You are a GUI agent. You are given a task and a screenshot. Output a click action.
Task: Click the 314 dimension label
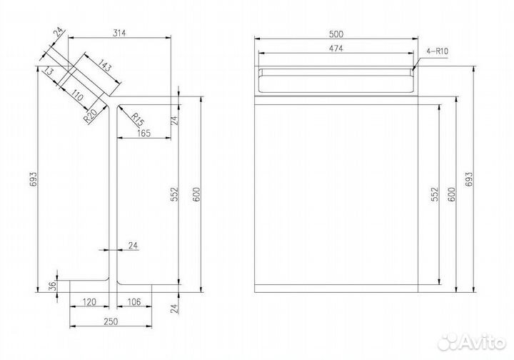click(x=119, y=33)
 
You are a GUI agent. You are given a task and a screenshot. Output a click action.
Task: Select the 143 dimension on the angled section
click(x=104, y=66)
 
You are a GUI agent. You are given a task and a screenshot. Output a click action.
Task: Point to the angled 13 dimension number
click(x=49, y=71)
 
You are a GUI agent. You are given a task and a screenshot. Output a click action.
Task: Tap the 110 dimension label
click(x=77, y=96)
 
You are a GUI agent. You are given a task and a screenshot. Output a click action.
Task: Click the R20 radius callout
click(x=90, y=116)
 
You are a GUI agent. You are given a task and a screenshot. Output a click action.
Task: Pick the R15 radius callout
click(x=138, y=120)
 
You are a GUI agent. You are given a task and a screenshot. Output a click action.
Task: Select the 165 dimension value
click(x=144, y=133)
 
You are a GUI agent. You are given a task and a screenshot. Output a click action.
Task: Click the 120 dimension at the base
click(x=89, y=301)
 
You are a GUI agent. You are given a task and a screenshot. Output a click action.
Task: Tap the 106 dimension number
click(x=133, y=301)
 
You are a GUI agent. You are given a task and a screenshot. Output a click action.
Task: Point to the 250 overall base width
click(x=111, y=321)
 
